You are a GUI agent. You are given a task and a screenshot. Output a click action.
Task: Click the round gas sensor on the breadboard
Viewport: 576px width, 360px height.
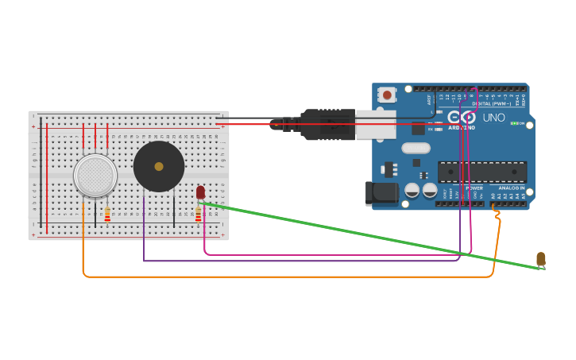tap(95, 175)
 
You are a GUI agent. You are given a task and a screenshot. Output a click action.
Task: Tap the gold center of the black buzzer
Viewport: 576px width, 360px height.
tap(159, 166)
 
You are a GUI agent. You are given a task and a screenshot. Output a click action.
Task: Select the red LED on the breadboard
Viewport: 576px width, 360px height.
tap(200, 192)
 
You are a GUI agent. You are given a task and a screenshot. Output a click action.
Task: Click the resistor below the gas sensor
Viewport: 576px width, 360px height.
tap(107, 215)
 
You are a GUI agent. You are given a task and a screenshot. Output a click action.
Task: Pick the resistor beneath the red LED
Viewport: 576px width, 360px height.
tap(199, 215)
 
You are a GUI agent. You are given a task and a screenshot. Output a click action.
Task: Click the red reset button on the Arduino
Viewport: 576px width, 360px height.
tap(387, 95)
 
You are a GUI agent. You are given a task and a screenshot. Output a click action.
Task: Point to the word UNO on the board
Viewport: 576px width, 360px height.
tap(494, 118)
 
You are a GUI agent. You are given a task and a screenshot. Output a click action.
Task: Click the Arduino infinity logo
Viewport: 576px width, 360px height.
tap(461, 117)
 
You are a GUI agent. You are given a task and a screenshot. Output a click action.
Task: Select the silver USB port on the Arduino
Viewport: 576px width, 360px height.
tap(375, 125)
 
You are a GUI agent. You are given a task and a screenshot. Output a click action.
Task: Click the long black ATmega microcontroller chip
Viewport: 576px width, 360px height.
tap(481, 172)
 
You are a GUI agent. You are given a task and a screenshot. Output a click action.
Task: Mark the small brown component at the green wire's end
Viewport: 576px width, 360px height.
tap(541, 259)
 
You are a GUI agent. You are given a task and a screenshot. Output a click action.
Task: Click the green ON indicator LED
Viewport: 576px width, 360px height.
tap(514, 123)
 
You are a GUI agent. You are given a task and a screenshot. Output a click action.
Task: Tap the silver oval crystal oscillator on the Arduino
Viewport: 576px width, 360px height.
tap(416, 148)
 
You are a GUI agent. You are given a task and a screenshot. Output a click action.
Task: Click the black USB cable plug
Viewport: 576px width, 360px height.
tap(326, 125)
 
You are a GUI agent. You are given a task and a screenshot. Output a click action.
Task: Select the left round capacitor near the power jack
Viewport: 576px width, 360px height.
tap(412, 190)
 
